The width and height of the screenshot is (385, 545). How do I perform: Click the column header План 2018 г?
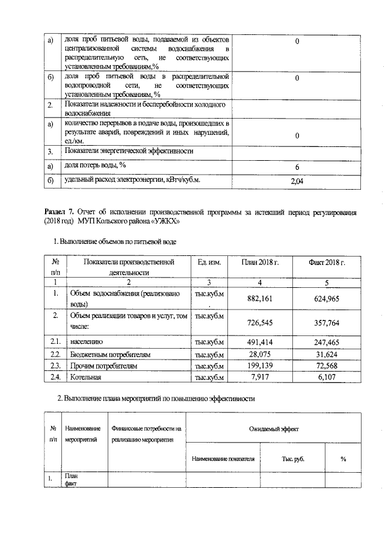coord(260,263)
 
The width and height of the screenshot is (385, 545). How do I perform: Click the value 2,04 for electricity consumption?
coord(297,181)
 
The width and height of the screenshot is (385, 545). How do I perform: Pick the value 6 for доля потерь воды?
coord(297,167)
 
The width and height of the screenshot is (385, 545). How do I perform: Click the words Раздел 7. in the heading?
coord(60,213)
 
